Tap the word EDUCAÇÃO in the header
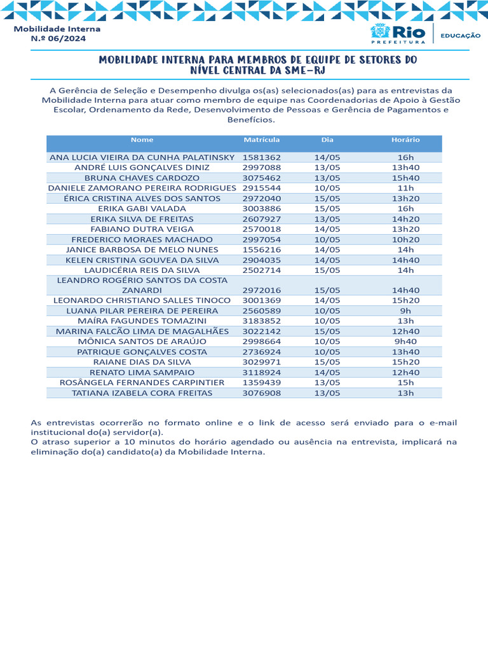[461, 36]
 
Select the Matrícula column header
[261, 140]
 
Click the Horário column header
[405, 140]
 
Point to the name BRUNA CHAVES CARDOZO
[142, 178]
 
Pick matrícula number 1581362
[261, 157]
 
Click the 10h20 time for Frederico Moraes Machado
[405, 240]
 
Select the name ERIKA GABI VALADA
[142, 209]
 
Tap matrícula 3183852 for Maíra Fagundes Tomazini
[261, 321]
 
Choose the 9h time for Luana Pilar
[405, 311]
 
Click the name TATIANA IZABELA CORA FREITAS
[142, 393]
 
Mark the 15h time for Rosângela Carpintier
[405, 383]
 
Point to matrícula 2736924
[261, 352]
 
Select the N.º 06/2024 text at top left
[58, 39]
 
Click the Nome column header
[142, 140]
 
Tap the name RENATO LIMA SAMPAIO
[142, 373]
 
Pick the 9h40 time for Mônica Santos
[405, 342]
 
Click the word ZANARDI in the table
[142, 290]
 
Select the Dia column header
[327, 140]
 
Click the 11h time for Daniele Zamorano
[405, 189]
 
